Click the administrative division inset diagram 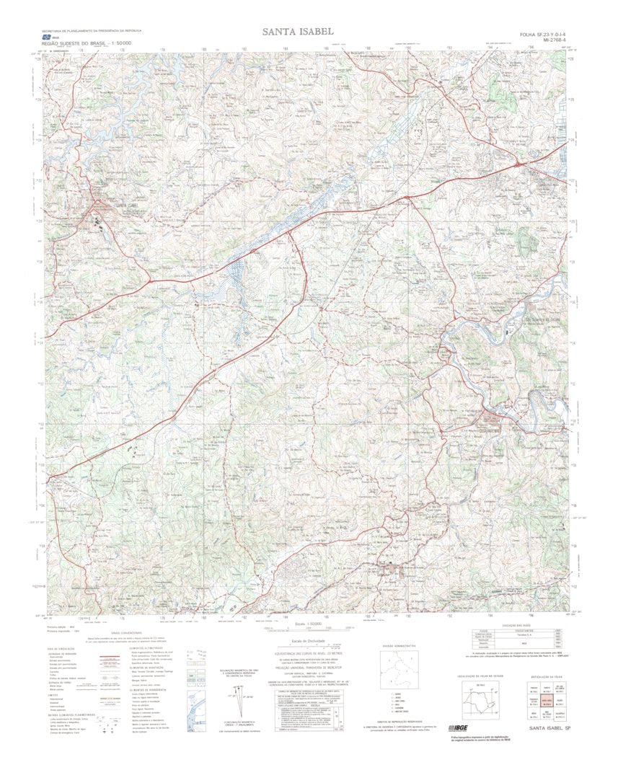click(x=399, y=671)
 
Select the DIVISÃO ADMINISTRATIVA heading click(x=399, y=645)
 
